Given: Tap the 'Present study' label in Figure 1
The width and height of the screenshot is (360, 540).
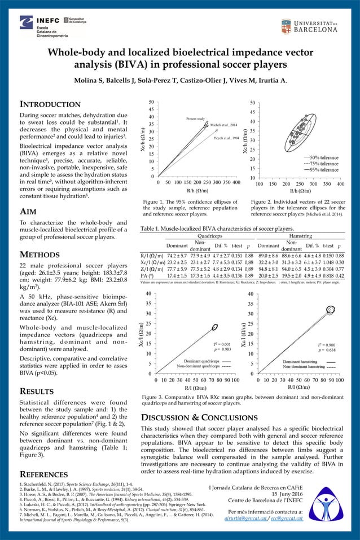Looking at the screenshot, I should [x=195, y=119].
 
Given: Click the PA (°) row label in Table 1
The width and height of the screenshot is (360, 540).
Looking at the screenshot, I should [x=149, y=275].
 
